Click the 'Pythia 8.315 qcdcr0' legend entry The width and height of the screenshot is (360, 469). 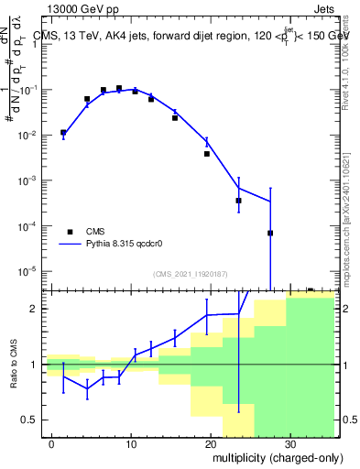click(107, 245)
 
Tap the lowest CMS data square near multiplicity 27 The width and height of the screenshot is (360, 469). click(270, 233)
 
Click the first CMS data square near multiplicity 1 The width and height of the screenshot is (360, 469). click(63, 133)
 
